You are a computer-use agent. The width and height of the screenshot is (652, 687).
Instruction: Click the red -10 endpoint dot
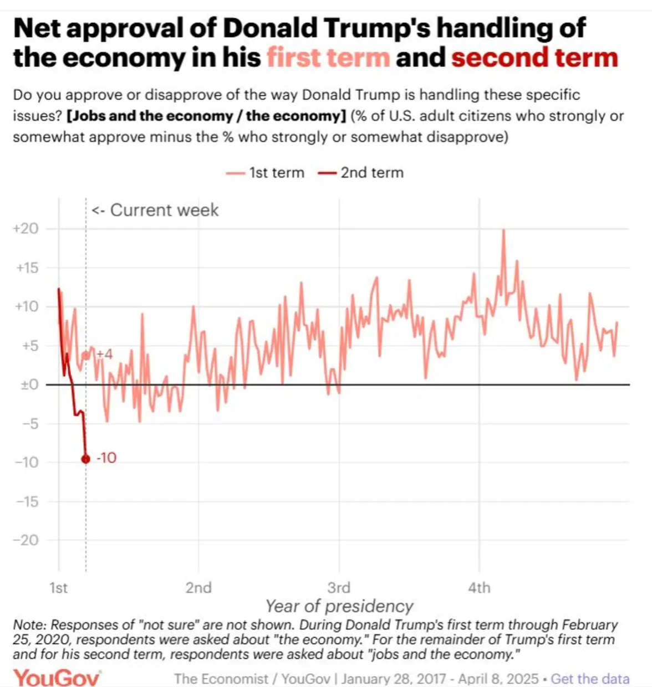coord(85,459)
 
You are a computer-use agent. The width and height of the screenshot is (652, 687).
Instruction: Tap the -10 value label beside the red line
coord(106,458)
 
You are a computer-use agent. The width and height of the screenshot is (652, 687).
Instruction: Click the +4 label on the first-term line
coord(104,354)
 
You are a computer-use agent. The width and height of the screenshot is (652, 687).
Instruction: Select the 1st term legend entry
coord(266,173)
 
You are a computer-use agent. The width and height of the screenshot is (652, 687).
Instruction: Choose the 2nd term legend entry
coord(361,173)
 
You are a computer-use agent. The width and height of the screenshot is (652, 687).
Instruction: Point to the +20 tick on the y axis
coord(27,229)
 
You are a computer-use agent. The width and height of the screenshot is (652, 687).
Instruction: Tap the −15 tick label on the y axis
coord(27,501)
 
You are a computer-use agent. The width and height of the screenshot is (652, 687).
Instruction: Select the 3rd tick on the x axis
coord(339,587)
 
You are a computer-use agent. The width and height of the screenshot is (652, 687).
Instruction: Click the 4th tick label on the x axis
coord(479,587)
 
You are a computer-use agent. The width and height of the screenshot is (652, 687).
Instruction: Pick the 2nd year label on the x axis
coord(198,587)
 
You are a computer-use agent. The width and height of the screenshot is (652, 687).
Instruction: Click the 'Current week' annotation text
coord(155,211)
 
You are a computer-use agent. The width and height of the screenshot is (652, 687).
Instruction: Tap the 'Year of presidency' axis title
coord(339,606)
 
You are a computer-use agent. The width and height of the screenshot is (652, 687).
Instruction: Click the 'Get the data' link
coord(590,679)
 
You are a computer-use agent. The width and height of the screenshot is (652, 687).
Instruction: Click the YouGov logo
coord(57,678)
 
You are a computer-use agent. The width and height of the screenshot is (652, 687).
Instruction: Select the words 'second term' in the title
coord(534,58)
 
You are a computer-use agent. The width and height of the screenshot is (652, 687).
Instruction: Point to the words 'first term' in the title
coord(328,58)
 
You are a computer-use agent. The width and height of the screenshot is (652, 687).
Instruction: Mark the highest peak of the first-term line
coord(503,229)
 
